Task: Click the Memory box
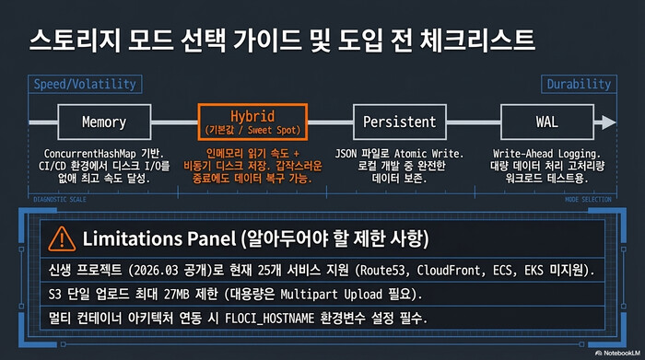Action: [x=103, y=122]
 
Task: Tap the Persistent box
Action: [x=399, y=122]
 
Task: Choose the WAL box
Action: [x=546, y=122]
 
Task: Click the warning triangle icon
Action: [x=61, y=237]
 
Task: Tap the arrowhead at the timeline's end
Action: [x=607, y=122]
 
